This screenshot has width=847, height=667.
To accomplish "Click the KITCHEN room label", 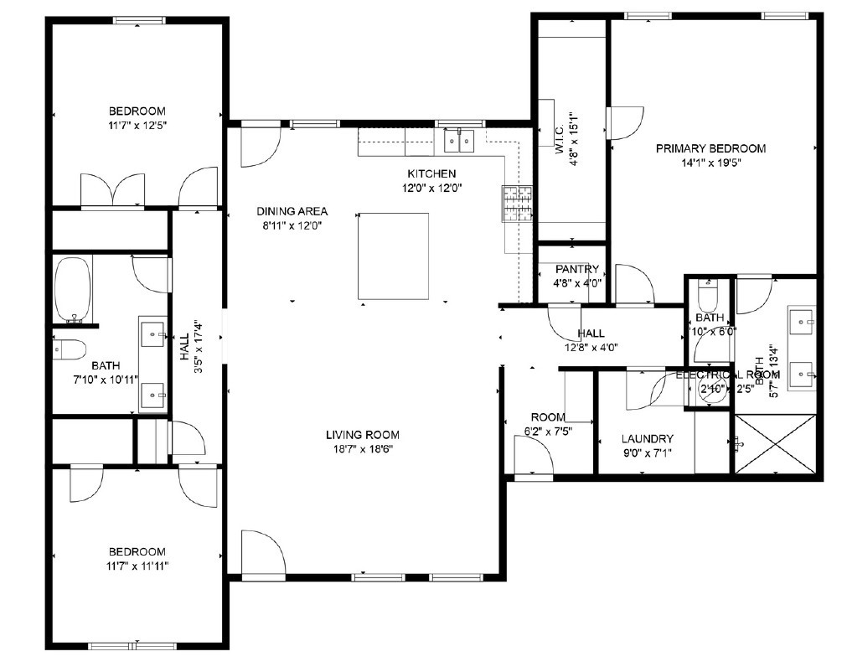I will [431, 173].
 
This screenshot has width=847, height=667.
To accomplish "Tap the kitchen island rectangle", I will [393, 256].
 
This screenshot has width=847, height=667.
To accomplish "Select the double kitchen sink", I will [458, 141].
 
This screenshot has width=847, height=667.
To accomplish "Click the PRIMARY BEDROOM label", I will [710, 148].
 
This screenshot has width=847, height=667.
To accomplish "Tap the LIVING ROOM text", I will [362, 434].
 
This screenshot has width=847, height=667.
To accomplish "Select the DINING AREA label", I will [292, 211].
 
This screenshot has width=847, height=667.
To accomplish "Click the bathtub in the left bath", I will [73, 289].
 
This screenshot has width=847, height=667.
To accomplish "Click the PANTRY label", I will [576, 269].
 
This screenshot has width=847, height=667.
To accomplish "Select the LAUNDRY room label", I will [647, 438].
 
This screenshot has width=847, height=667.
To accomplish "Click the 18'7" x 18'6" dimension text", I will [362, 448].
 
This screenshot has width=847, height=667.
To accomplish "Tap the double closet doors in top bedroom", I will [112, 189].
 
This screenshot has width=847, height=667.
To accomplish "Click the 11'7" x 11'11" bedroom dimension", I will [137, 566].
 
